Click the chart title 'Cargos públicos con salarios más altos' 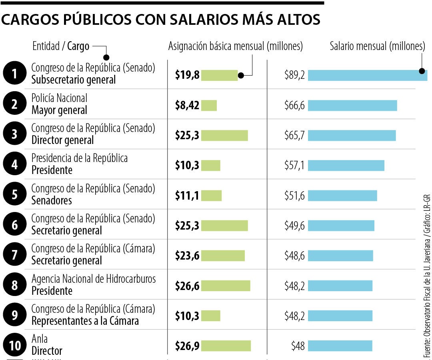[x=161, y=20]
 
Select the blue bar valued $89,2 [x=367, y=75]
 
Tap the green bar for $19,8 [x=219, y=75]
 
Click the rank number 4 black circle [x=14, y=164]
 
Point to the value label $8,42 [x=187, y=105]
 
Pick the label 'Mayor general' [x=59, y=110]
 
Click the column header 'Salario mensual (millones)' [x=377, y=46]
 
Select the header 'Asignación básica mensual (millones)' [x=235, y=46]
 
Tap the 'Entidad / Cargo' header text [x=61, y=46]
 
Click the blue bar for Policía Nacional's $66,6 [x=352, y=105]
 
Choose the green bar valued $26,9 [x=226, y=346]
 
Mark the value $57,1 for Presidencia [x=294, y=165]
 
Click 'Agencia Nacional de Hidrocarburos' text [x=94, y=279]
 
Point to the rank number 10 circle [x=14, y=345]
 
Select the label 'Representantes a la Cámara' [x=85, y=321]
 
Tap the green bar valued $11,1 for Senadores [x=211, y=196]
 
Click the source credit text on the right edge [x=427, y=276]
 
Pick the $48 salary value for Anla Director [x=298, y=346]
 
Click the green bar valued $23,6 [x=222, y=256]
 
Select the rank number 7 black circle [x=14, y=255]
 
